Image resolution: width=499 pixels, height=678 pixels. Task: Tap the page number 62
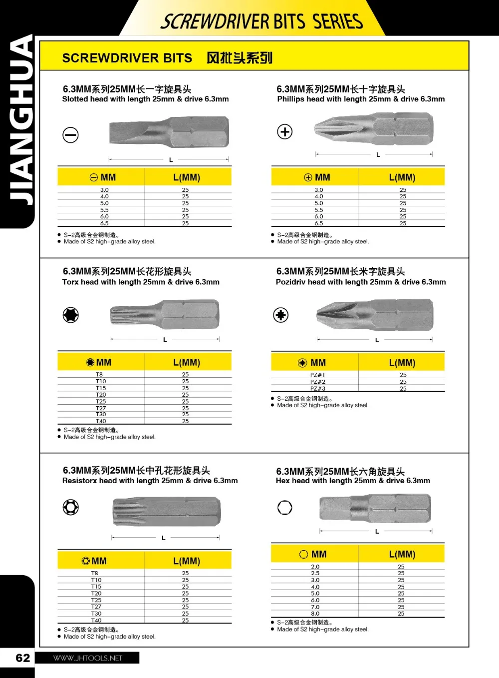pyautogui.click(x=23, y=658)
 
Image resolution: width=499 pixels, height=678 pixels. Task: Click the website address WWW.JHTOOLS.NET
pyautogui.click(x=88, y=658)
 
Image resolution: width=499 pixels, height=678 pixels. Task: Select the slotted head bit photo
pyautogui.click(x=169, y=132)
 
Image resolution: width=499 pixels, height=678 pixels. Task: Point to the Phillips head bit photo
pyautogui.click(x=374, y=129)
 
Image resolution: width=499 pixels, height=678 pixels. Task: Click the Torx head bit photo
pyautogui.click(x=165, y=315)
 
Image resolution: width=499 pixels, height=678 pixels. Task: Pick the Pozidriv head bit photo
pyautogui.click(x=375, y=315)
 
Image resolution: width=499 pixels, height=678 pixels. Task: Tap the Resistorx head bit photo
pyautogui.click(x=167, y=511)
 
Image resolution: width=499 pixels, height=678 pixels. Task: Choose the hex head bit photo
pyautogui.click(x=375, y=508)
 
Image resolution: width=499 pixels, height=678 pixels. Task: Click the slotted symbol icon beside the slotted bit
pyautogui.click(x=70, y=135)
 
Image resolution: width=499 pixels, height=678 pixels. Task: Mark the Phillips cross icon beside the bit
pyautogui.click(x=285, y=132)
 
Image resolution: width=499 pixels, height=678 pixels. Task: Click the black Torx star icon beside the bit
pyautogui.click(x=71, y=315)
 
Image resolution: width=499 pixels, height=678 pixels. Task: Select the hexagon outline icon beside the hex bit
pyautogui.click(x=285, y=508)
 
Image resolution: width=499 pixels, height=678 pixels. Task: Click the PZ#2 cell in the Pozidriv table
pyautogui.click(x=318, y=382)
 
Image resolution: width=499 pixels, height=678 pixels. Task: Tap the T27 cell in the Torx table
pyautogui.click(x=101, y=408)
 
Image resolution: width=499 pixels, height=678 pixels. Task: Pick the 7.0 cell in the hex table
pyautogui.click(x=315, y=607)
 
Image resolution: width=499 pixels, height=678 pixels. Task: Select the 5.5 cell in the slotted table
pyautogui.click(x=104, y=210)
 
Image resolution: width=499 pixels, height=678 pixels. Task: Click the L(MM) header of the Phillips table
pyautogui.click(x=402, y=177)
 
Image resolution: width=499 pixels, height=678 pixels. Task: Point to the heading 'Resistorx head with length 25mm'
pyautogui.click(x=150, y=481)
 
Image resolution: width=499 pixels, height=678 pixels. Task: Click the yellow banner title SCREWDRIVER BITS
pyautogui.click(x=127, y=58)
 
